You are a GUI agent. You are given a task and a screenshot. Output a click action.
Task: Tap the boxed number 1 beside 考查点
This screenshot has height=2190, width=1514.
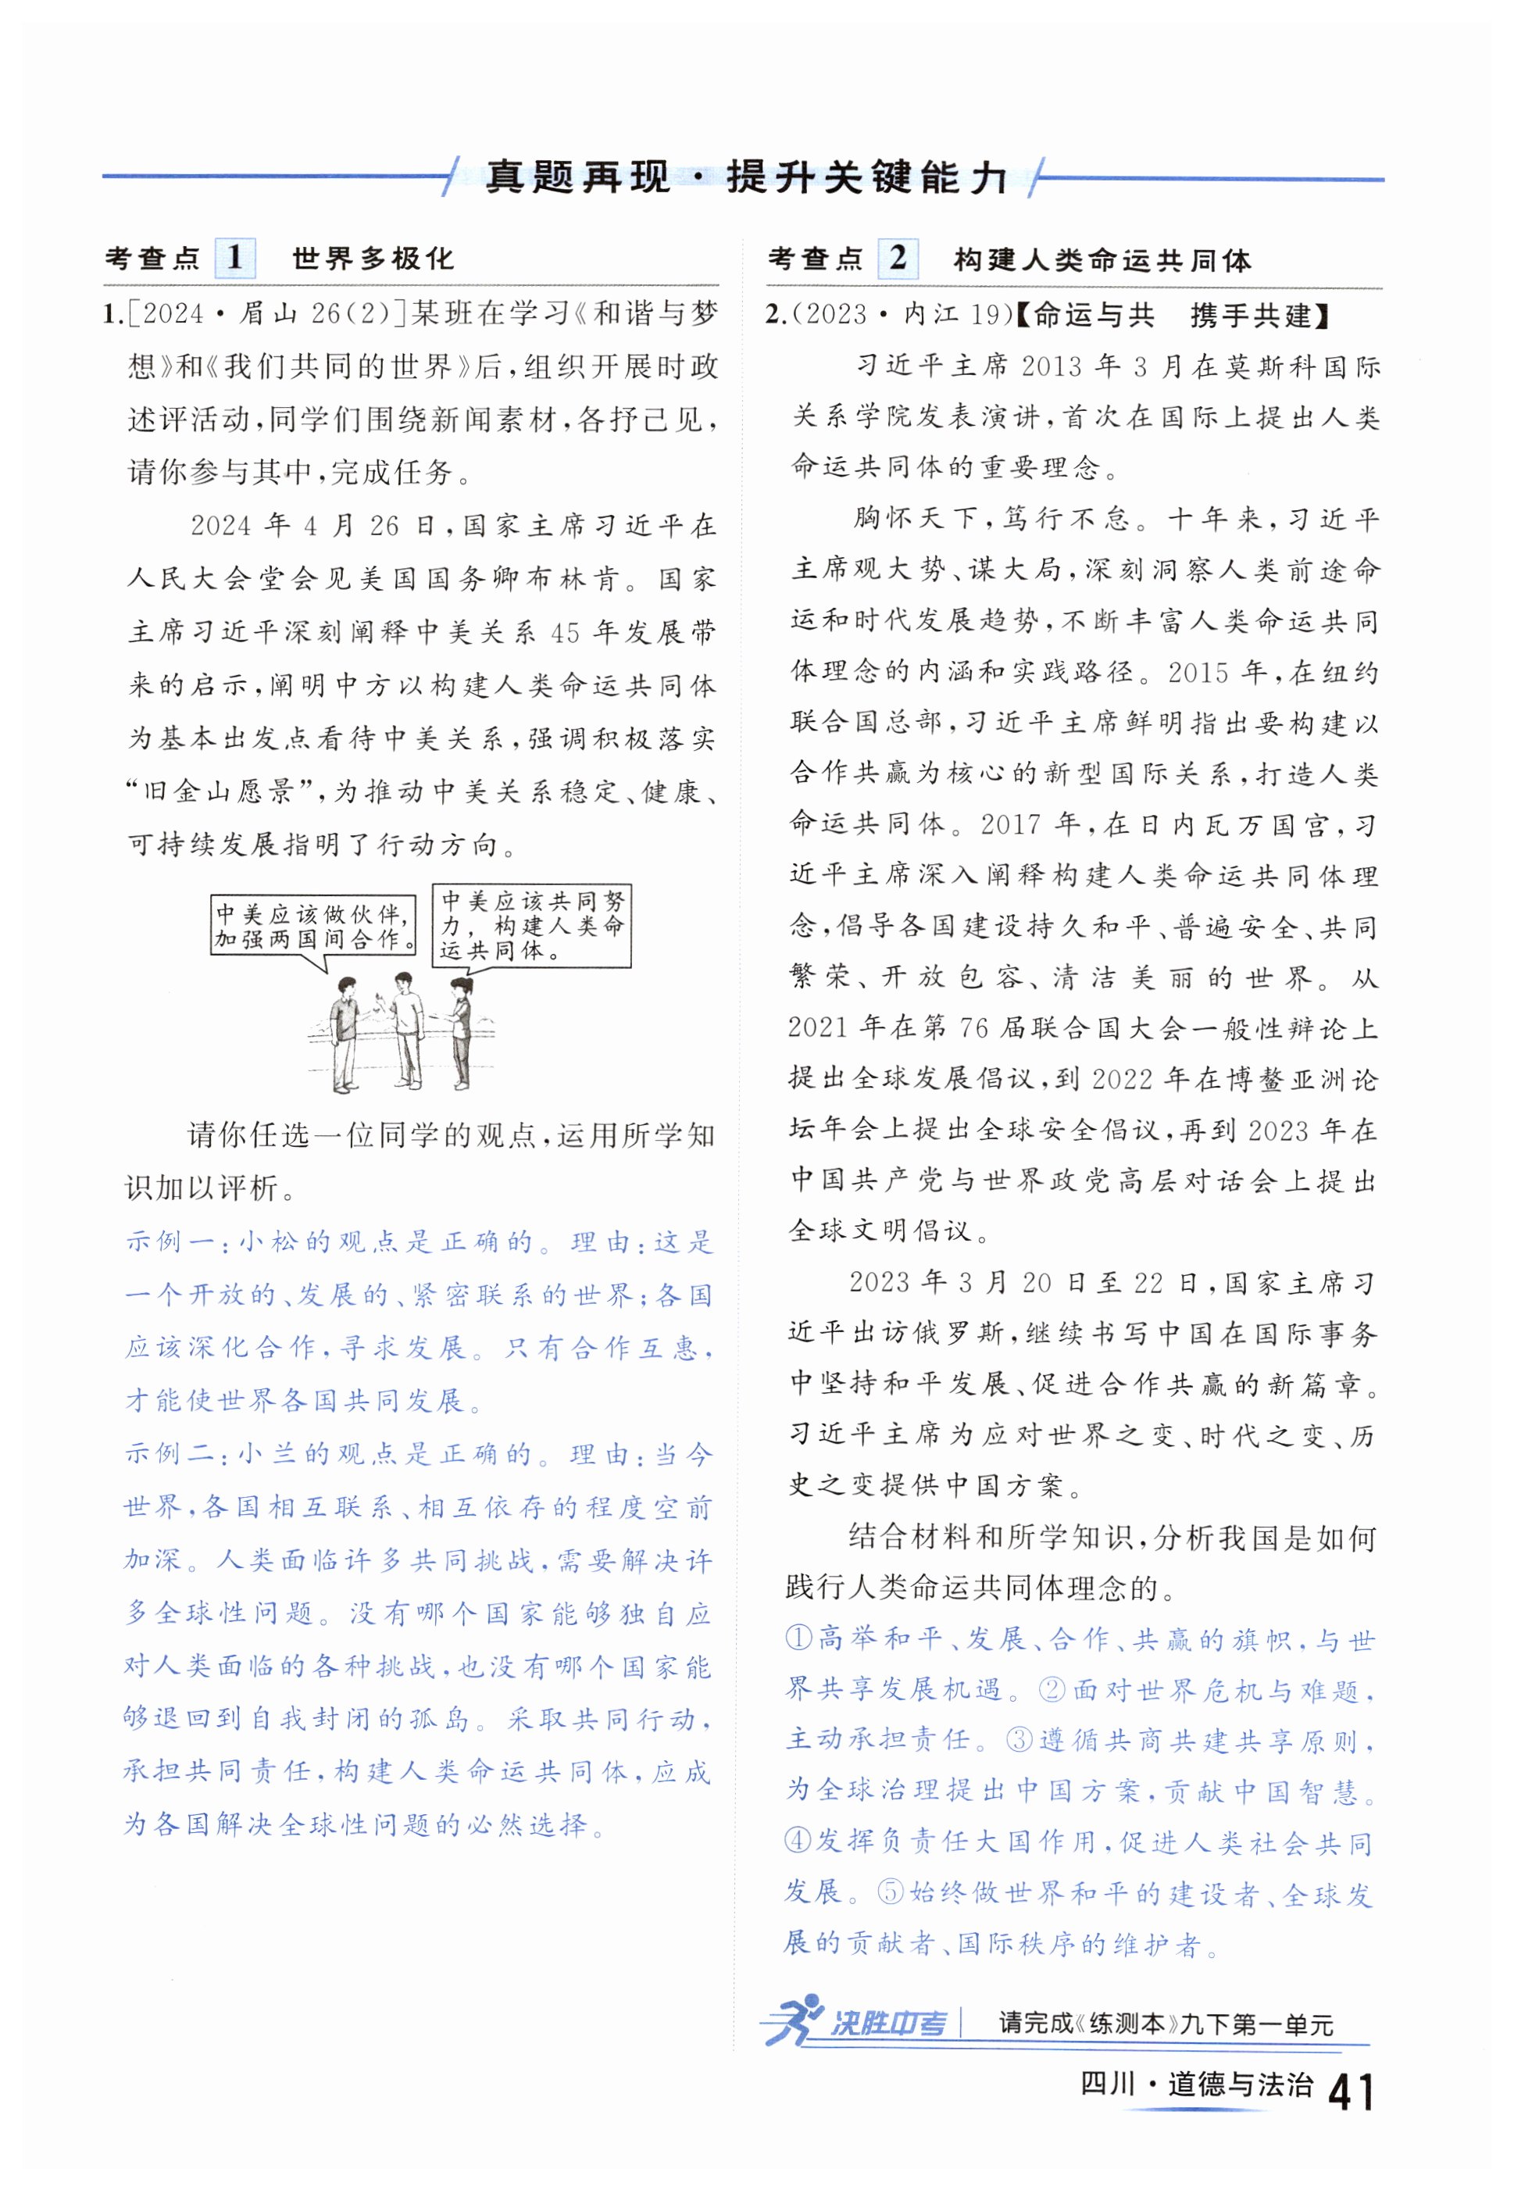(x=234, y=258)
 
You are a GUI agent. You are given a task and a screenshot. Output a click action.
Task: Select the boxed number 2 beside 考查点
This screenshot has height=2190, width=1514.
(x=898, y=258)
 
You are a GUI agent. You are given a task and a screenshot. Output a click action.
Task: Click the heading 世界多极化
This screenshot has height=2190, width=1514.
(x=373, y=259)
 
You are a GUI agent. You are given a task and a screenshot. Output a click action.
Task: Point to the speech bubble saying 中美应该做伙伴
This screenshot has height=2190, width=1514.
(x=313, y=927)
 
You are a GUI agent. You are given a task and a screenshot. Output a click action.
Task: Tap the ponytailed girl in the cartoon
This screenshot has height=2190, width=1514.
(x=460, y=1034)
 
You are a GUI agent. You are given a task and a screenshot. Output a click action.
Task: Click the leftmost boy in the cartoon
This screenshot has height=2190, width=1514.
(x=344, y=1034)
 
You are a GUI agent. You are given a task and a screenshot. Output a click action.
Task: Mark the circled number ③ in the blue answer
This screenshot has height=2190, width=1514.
(x=1019, y=1739)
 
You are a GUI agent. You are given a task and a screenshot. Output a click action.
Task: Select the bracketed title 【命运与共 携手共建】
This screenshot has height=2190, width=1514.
(x=1173, y=316)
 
